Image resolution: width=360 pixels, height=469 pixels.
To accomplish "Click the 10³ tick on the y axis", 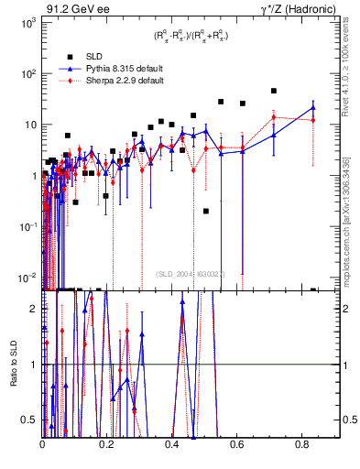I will [x=29, y=22].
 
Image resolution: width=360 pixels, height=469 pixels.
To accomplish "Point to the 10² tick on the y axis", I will [x=29, y=73].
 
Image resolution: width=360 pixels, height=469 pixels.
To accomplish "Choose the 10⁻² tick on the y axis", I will [x=27, y=278].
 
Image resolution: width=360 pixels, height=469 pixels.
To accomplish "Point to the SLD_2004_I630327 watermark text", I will [x=193, y=273].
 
